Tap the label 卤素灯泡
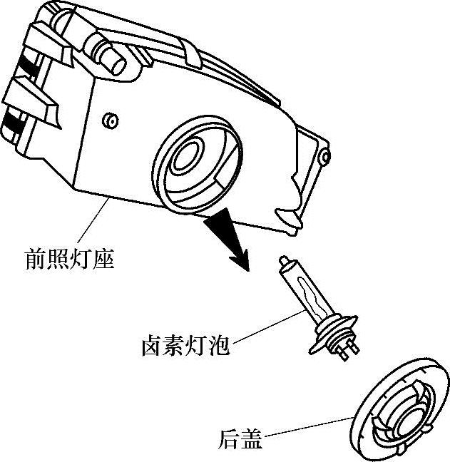(185, 346)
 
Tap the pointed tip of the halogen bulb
(283, 260)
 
